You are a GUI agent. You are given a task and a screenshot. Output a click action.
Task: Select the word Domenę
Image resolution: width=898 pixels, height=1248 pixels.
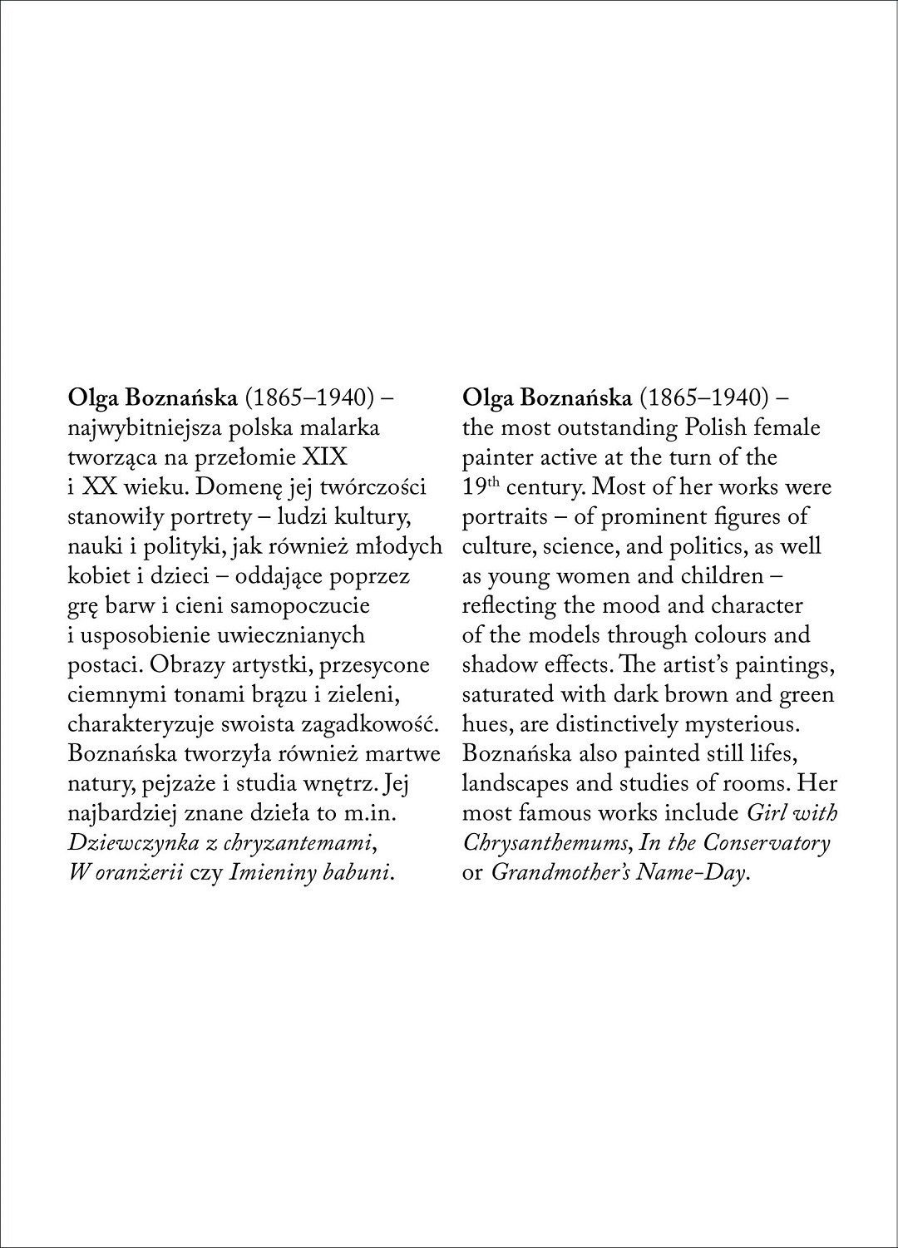click(239, 487)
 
